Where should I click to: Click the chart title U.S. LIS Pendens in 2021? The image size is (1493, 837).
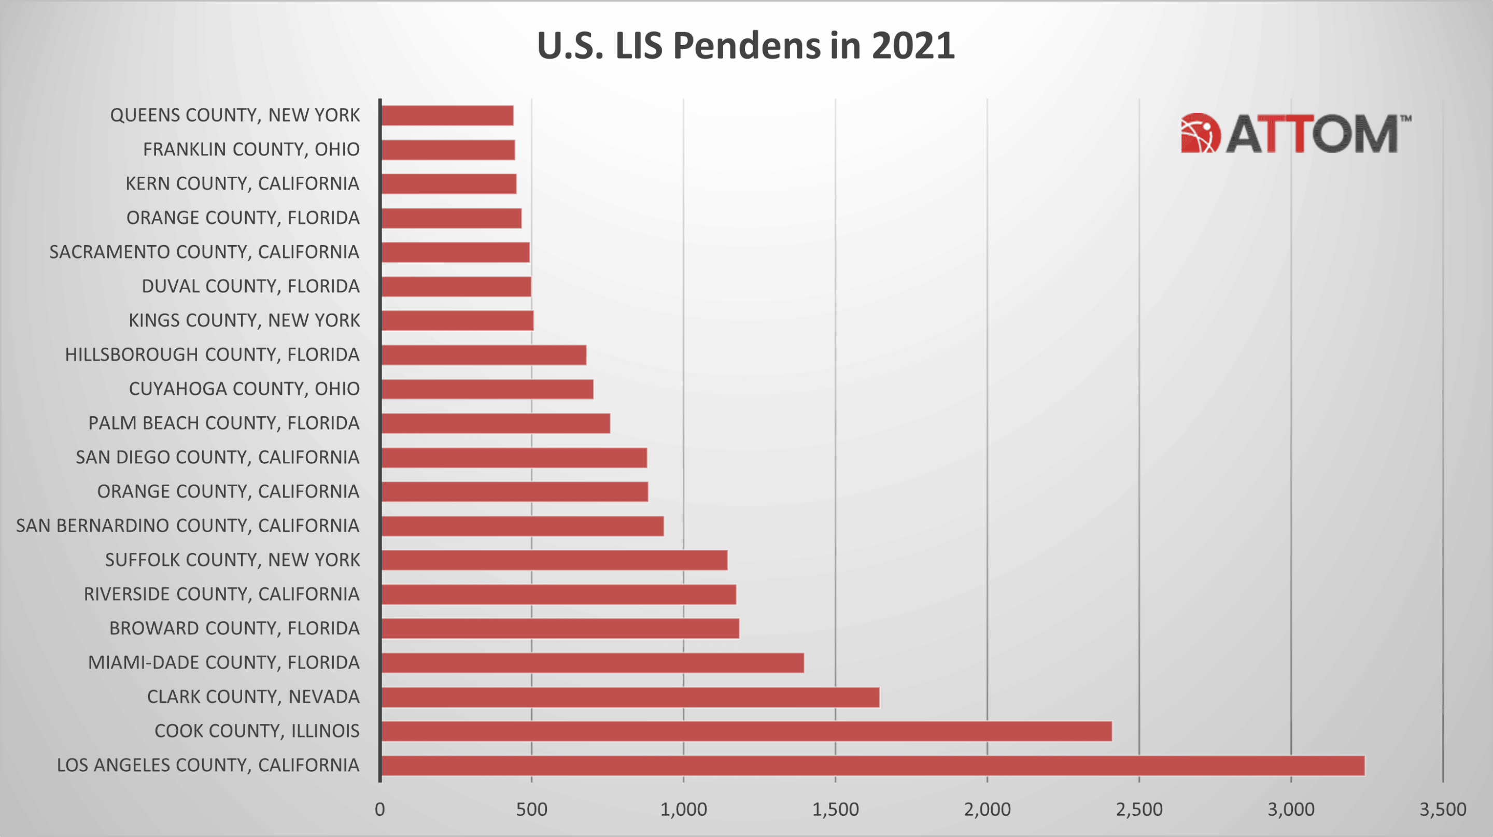745,45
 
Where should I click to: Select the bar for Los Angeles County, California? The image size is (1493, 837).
872,765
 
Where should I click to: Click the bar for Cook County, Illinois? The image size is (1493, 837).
746,731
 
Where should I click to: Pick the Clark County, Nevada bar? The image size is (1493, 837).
630,697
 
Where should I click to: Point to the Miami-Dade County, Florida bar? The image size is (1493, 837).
593,663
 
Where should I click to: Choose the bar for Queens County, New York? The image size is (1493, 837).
447,115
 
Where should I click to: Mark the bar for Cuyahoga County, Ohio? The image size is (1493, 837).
487,389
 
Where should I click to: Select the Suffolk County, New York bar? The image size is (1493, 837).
554,560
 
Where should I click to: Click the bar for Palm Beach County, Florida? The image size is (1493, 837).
496,423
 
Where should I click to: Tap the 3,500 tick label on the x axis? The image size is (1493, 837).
1442,809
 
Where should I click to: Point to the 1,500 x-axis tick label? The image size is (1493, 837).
835,809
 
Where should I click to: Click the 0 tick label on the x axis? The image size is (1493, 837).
379,809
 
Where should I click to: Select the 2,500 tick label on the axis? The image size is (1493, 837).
1139,809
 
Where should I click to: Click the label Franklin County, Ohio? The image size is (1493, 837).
251,149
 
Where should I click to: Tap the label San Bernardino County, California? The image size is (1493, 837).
187,526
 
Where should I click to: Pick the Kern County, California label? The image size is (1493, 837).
242,183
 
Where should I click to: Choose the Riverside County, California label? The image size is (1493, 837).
221,594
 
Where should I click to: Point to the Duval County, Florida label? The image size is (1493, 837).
250,286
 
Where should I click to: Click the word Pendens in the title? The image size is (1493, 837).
746,45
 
